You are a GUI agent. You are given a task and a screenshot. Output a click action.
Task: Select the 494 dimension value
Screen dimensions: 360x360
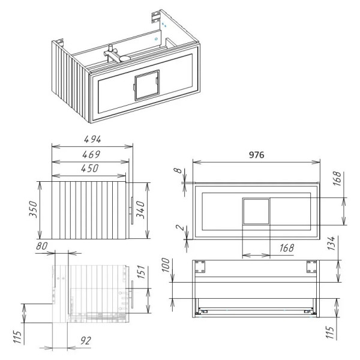[x=91, y=139]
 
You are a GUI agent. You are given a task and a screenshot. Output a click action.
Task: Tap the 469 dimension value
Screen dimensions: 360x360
[x=91, y=154]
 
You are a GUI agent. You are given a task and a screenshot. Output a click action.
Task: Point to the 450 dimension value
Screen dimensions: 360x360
[x=91, y=169]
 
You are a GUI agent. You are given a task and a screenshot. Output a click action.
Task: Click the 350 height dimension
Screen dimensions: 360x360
[x=34, y=209]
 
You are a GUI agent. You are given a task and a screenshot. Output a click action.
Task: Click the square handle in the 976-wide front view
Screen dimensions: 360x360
[x=256, y=211]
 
